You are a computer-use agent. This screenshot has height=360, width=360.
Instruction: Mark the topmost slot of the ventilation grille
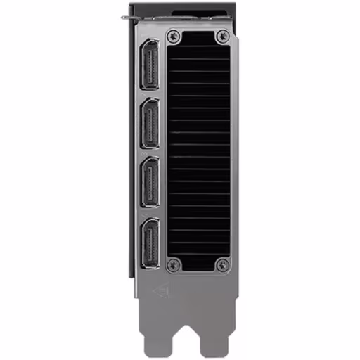pyautogui.click(x=198, y=51)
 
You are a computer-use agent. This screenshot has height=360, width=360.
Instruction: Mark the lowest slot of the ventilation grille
pyautogui.click(x=198, y=251)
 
